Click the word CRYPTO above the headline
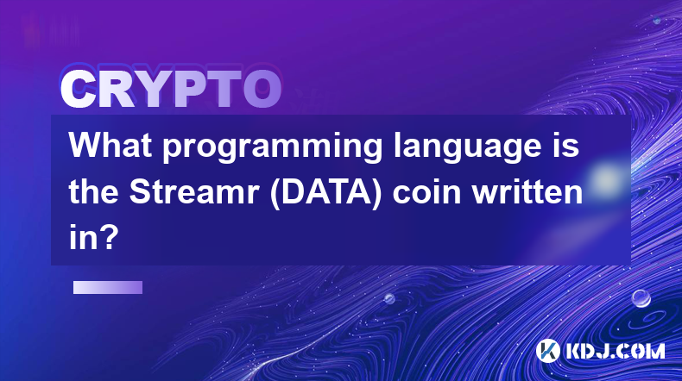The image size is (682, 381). click(x=171, y=90)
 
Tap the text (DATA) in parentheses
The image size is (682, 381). click(x=325, y=192)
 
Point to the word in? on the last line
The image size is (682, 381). click(x=93, y=238)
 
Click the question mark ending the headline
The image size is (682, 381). click(x=108, y=238)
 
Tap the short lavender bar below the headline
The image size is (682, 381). click(x=107, y=287)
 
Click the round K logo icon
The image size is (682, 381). click(x=547, y=351)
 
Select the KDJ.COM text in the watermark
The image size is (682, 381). click(x=615, y=351)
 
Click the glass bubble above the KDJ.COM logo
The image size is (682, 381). click(x=641, y=298)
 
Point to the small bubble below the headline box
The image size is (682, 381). click(x=388, y=298)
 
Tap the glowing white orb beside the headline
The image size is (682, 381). click(x=605, y=178)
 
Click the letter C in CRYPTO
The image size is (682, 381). click(x=79, y=90)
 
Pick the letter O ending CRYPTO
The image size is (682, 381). click(x=262, y=90)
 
